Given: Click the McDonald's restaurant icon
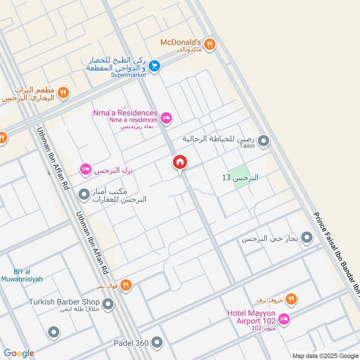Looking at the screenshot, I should [209, 44].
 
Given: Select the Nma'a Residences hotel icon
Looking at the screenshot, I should [166, 118].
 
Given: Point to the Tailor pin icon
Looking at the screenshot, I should [264, 142].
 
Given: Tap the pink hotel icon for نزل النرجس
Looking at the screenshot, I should [85, 170].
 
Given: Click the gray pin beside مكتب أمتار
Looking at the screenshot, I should [84, 194].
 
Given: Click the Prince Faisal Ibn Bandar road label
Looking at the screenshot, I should [338, 252].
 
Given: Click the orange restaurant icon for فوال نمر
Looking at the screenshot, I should [126, 285].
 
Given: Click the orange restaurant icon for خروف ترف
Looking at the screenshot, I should [292, 299].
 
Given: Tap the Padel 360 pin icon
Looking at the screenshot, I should [157, 343].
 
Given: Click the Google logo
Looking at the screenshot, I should [18, 353].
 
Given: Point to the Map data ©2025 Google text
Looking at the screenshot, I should [324, 355].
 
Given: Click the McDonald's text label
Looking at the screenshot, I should [180, 42].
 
